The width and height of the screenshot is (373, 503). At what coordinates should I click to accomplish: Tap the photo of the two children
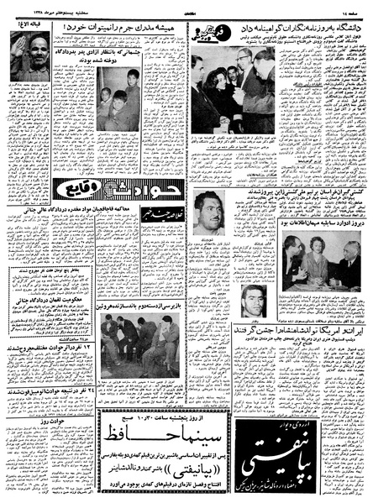click(114, 93)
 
